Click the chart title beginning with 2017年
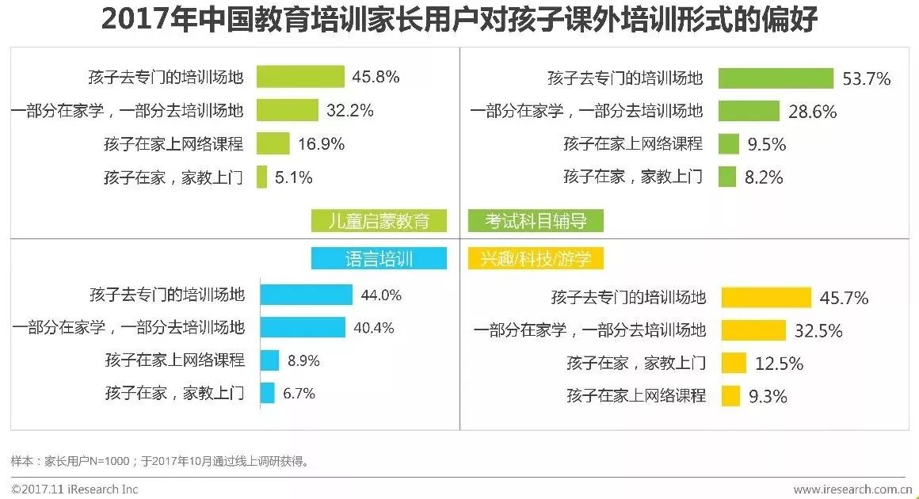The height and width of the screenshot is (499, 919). pyautogui.click(x=459, y=21)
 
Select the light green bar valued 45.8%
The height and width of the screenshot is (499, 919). pyautogui.click(x=300, y=77)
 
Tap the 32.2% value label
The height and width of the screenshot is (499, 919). pyautogui.click(x=350, y=111)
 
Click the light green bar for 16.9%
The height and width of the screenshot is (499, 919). pyautogui.click(x=273, y=143)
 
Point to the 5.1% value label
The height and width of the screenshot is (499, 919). pyautogui.click(x=294, y=177)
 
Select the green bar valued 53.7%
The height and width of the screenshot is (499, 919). pyautogui.click(x=776, y=78)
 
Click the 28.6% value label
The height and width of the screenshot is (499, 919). pyautogui.click(x=812, y=112)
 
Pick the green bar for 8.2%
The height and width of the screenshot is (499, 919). pyautogui.click(x=726, y=177)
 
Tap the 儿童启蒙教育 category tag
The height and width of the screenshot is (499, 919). pyautogui.click(x=379, y=220)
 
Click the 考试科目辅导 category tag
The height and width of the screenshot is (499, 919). pyautogui.click(x=536, y=220)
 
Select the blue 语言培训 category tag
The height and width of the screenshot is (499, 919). pyautogui.click(x=379, y=258)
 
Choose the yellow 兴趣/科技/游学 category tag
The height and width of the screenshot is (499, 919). pyautogui.click(x=536, y=258)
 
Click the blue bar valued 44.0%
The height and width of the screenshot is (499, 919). pyautogui.click(x=307, y=295)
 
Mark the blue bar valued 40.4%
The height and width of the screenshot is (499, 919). pyautogui.click(x=303, y=327)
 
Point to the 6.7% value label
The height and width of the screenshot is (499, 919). pyautogui.click(x=299, y=393)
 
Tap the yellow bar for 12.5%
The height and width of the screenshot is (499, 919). pyautogui.click(x=733, y=364)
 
